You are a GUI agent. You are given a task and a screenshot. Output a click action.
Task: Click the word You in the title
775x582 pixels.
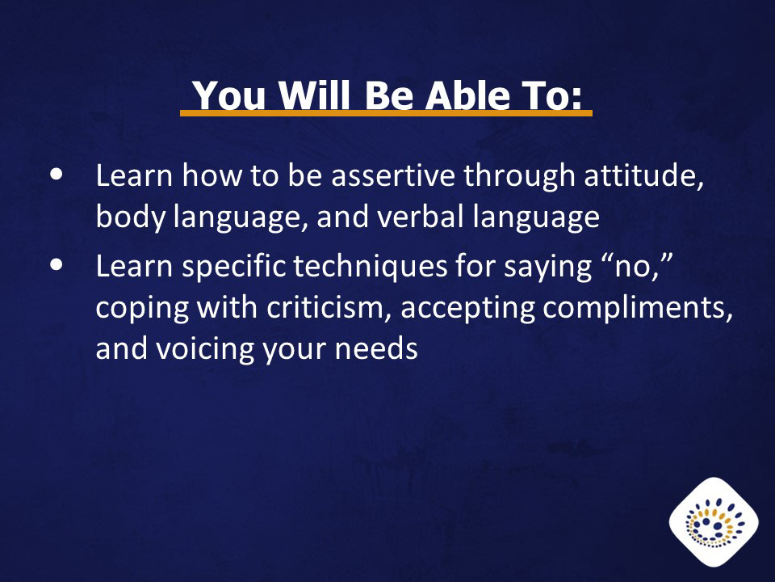[x=228, y=95]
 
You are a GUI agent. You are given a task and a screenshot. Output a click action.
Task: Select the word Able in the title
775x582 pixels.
[x=467, y=95]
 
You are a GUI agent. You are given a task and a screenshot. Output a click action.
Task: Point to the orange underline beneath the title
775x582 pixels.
[x=386, y=113]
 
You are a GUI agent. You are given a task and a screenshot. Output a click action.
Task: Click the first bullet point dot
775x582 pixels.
[x=57, y=175]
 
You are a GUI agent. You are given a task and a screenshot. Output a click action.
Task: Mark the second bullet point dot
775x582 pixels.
[x=57, y=265]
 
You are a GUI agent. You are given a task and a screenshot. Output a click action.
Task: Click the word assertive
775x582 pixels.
[x=393, y=175]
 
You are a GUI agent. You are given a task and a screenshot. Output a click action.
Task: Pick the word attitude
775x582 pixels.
[x=643, y=175]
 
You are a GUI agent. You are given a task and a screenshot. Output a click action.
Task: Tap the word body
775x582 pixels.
[x=129, y=217]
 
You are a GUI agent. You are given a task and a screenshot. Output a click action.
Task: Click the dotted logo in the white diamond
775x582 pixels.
[x=714, y=523]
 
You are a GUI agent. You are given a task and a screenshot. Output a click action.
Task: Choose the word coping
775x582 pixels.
[x=142, y=309]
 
